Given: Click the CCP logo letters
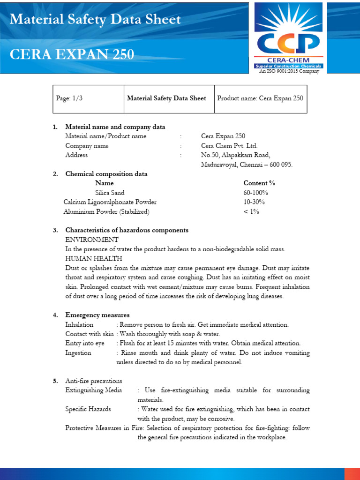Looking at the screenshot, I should (x=288, y=43).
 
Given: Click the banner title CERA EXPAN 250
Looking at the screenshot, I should (x=72, y=55).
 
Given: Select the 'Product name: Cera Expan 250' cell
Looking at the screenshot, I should (x=260, y=98).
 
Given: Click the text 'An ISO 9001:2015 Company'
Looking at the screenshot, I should (x=289, y=71).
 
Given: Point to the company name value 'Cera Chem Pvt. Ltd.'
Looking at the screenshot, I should (x=229, y=146).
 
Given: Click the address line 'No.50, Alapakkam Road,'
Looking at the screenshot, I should (x=235, y=155).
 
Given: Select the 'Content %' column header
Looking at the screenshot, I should (x=259, y=183).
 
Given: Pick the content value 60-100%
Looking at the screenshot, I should (x=256, y=193).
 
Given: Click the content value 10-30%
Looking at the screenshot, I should (x=254, y=202).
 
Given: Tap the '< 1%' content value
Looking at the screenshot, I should (x=251, y=211).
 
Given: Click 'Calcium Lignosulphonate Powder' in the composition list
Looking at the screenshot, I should (x=110, y=202).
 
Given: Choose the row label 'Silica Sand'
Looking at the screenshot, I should (x=110, y=193).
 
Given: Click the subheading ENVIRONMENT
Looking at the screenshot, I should (x=92, y=240).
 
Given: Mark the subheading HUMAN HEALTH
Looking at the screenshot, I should (x=94, y=258).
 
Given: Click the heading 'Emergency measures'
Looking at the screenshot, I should (x=97, y=315).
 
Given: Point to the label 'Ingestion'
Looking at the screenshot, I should (x=78, y=352).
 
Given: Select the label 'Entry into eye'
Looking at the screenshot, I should (x=85, y=343).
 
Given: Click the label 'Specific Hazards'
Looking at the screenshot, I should (x=88, y=409).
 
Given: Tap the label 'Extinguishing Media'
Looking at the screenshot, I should (x=94, y=390).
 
